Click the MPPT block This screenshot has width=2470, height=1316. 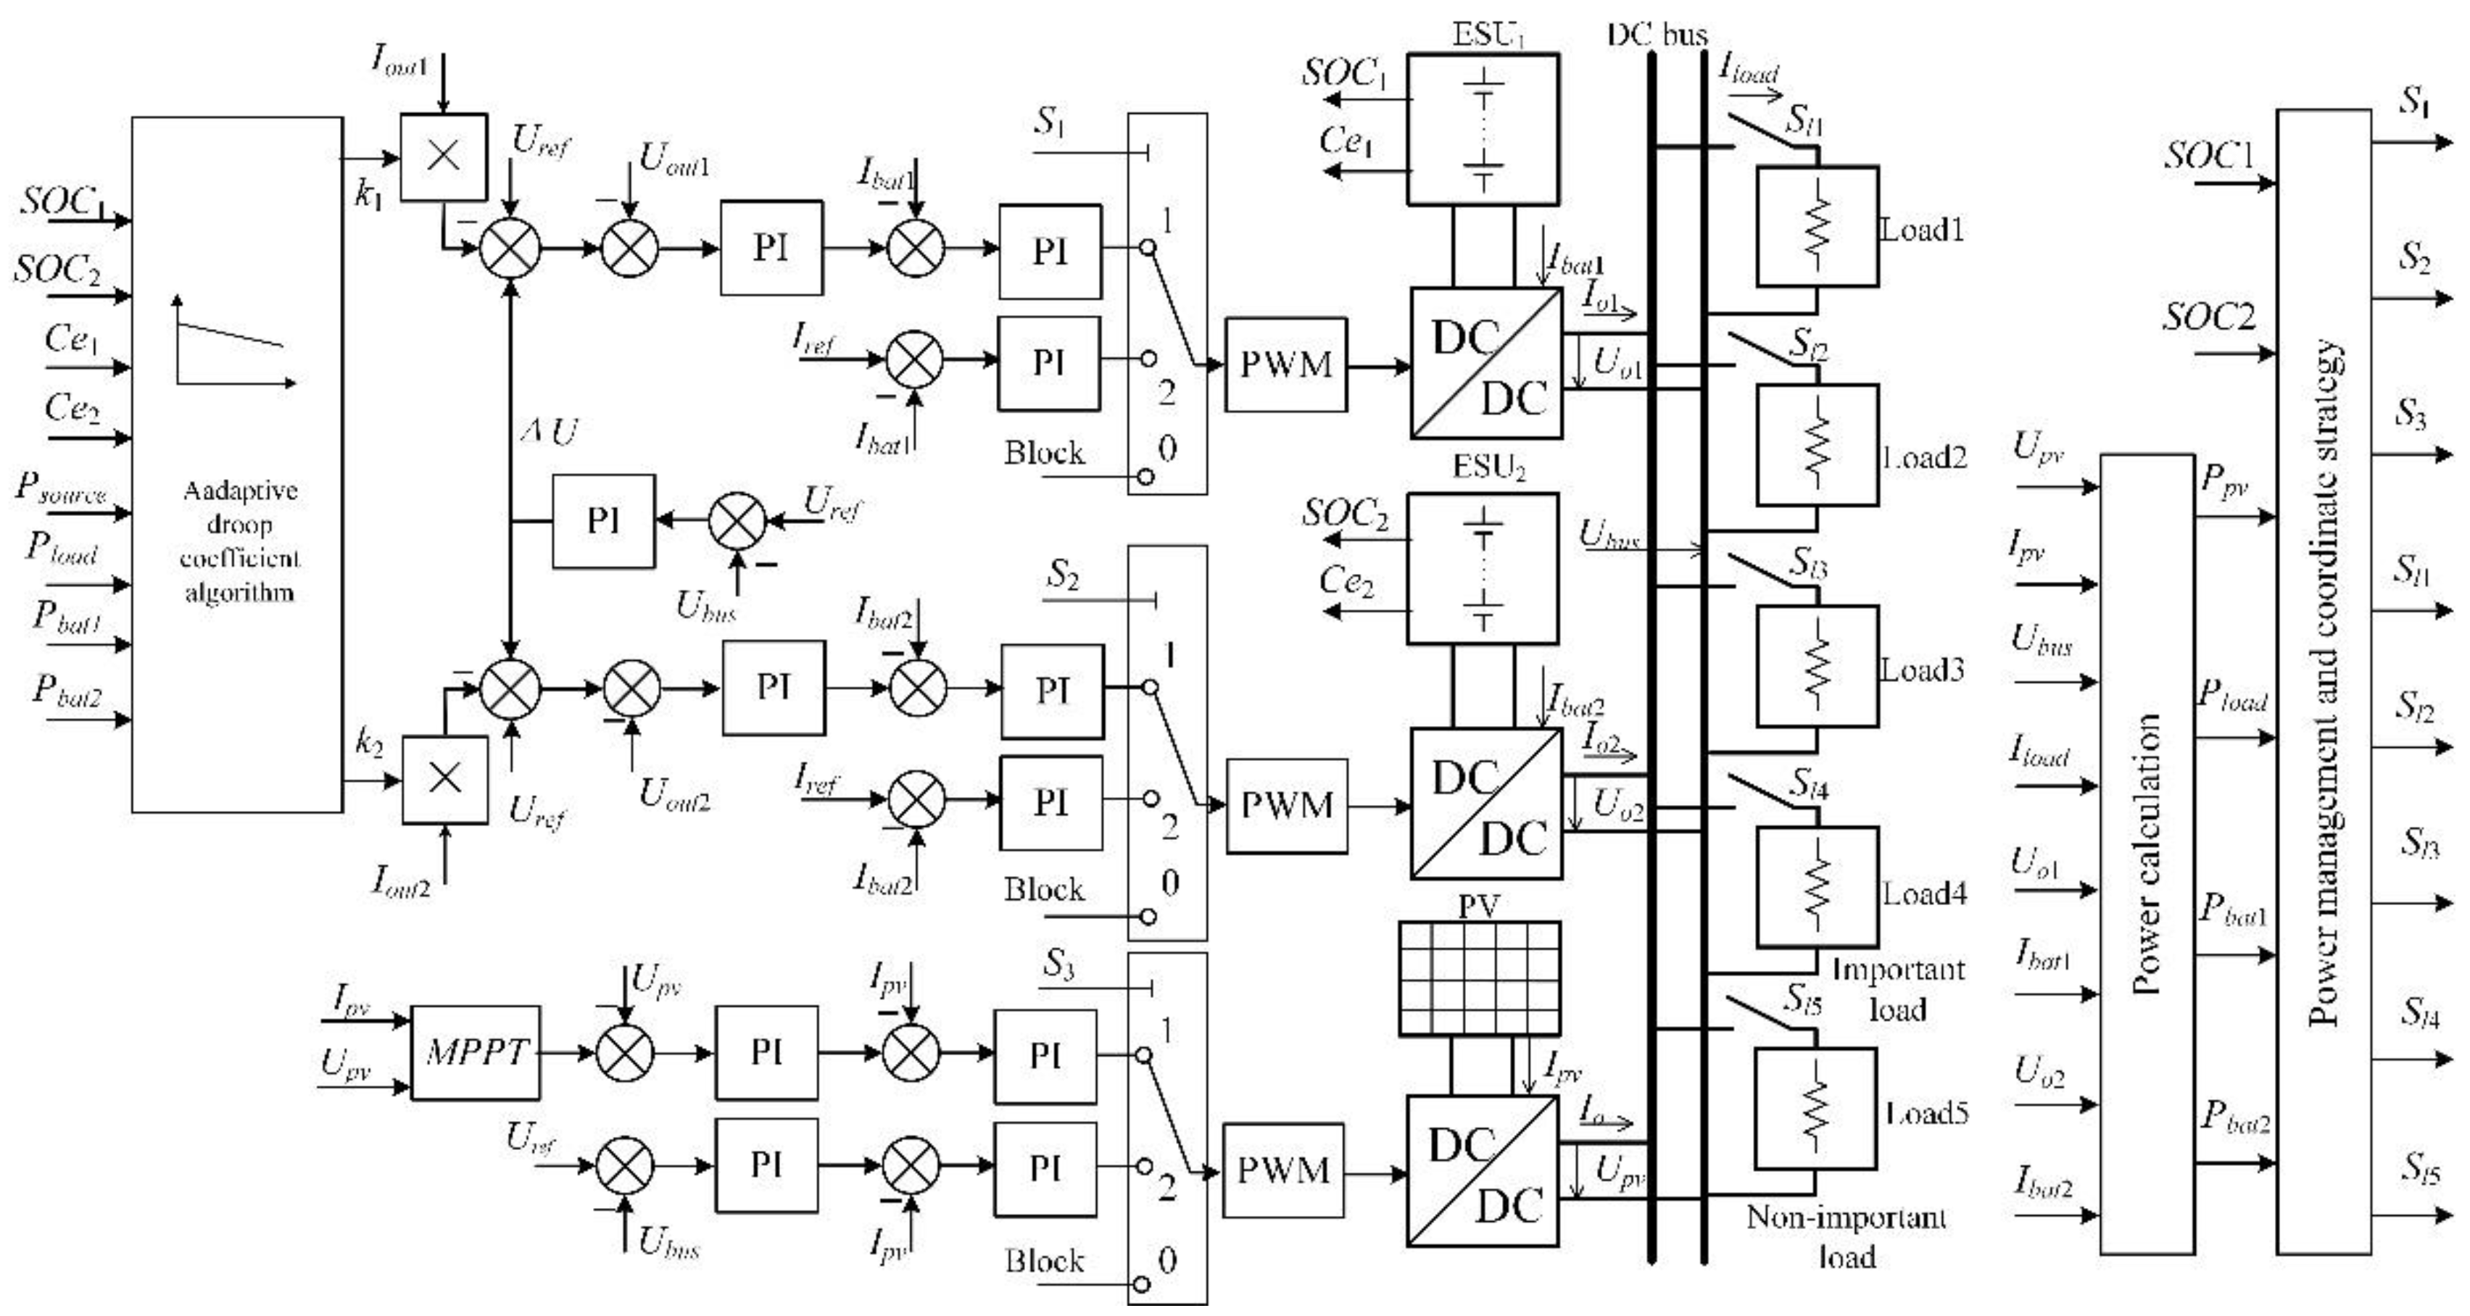pyautogui.click(x=476, y=1052)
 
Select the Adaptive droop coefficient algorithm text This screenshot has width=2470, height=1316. pyautogui.click(x=240, y=541)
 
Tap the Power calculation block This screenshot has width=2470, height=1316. pyautogui.click(x=2147, y=853)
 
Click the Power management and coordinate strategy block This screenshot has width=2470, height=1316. pyautogui.click(x=2324, y=680)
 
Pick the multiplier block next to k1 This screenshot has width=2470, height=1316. pyautogui.click(x=443, y=157)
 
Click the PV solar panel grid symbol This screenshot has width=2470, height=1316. pyautogui.click(x=1480, y=978)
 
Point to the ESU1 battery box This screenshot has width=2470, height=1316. pyautogui.click(x=1483, y=128)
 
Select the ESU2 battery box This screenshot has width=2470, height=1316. pyautogui.click(x=1483, y=567)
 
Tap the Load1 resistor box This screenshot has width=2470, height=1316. pyautogui.click(x=1816, y=226)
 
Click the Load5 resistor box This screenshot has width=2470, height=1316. pyautogui.click(x=1815, y=1108)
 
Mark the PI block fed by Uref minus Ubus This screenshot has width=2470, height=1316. pyautogui.click(x=603, y=520)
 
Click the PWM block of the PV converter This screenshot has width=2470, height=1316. pyautogui.click(x=1283, y=1170)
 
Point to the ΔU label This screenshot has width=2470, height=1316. pyautogui.click(x=550, y=433)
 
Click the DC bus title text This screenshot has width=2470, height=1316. pyautogui.click(x=1657, y=36)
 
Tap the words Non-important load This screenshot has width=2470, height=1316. pyautogui.click(x=1847, y=1236)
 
